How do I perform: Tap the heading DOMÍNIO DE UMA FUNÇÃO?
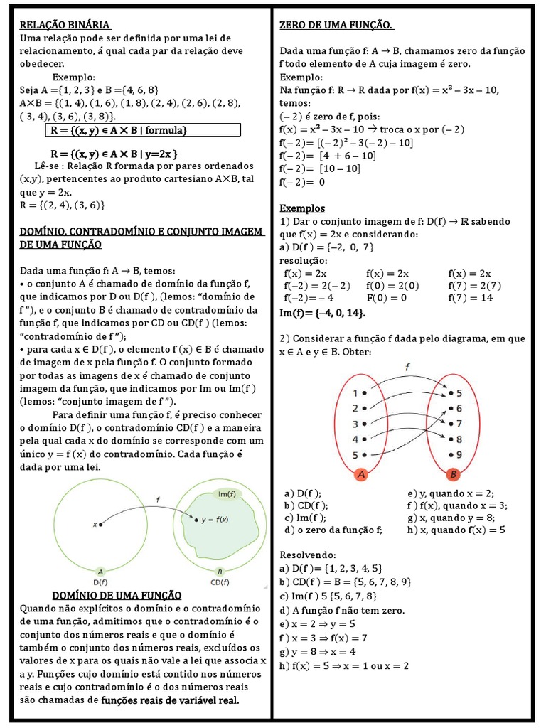pos(117,595)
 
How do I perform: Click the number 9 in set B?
pos(459,454)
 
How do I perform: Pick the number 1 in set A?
pos(355,392)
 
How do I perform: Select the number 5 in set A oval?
pos(355,455)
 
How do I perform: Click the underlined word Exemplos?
pos(302,209)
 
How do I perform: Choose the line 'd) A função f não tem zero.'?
pos(342,610)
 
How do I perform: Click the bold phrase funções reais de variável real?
pos(170,700)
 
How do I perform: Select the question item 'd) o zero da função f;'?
pos(333,530)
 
